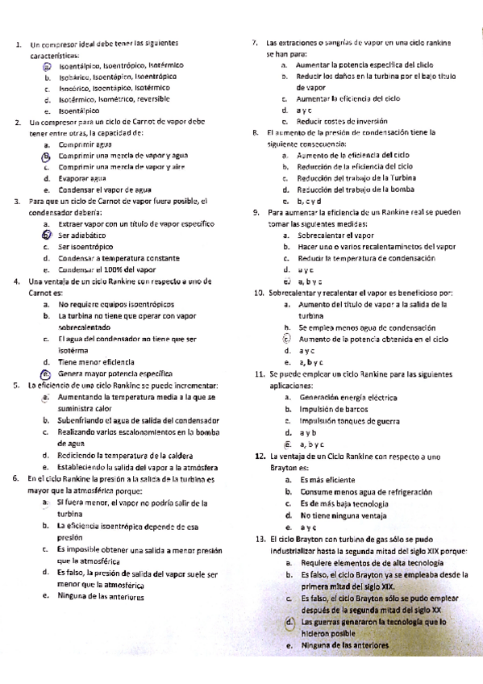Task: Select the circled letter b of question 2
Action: pyautogui.click(x=48, y=155)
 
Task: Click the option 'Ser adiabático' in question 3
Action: pyautogui.click(x=84, y=234)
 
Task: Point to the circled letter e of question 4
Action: pyautogui.click(x=47, y=374)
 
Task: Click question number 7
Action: pyautogui.click(x=255, y=42)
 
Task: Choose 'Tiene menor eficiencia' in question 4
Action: pyautogui.click(x=96, y=362)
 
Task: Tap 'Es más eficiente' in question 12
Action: pyautogui.click(x=329, y=480)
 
